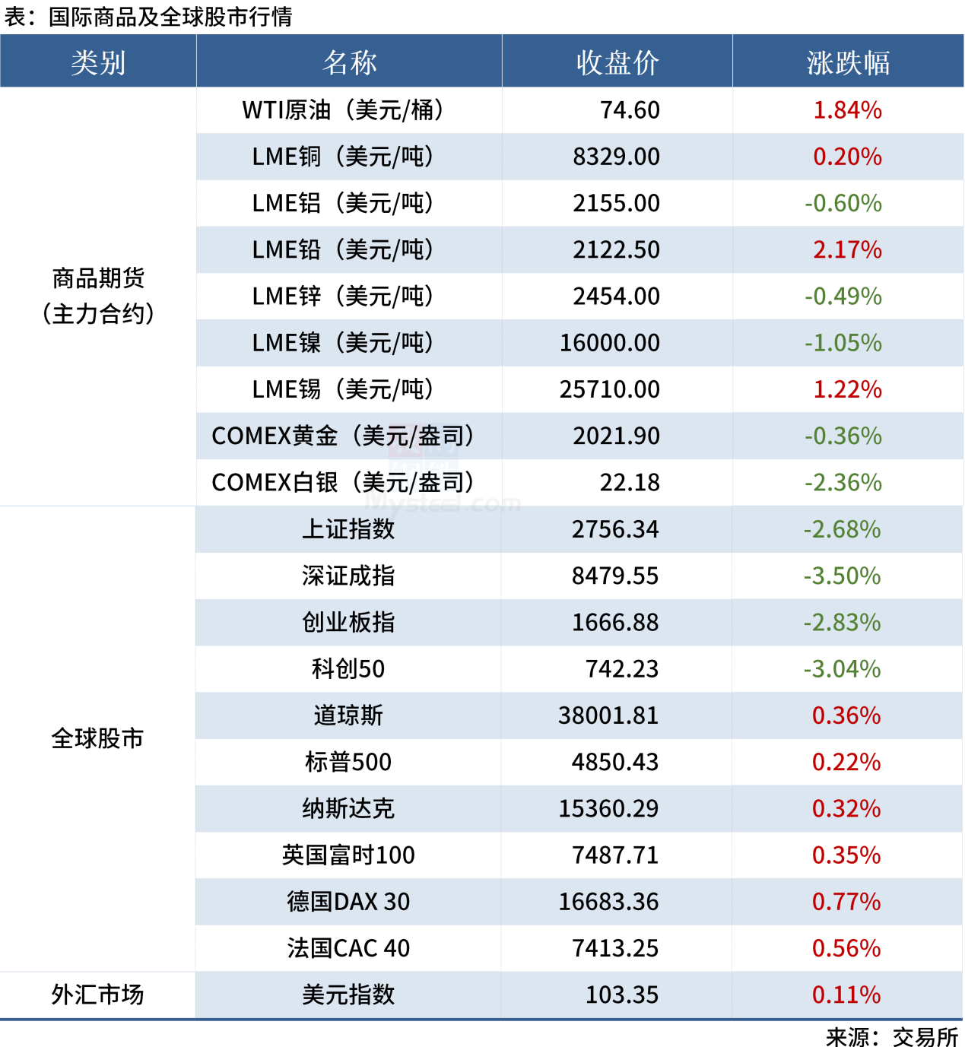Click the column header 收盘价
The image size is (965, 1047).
point(617,62)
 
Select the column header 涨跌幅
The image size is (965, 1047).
point(847,62)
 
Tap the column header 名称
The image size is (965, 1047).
point(349,62)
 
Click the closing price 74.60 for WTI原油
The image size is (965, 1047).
point(630,110)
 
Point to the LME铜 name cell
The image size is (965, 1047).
point(343,157)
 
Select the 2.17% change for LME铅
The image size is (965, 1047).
point(847,249)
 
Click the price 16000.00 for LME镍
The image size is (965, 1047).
point(610,343)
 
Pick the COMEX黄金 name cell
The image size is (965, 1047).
point(343,436)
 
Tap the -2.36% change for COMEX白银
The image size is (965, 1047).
point(843,482)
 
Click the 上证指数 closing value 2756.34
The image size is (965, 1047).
point(615,529)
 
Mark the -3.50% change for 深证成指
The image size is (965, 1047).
point(843,576)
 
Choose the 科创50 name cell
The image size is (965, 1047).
point(348,669)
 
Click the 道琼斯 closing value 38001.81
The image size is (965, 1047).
point(608,715)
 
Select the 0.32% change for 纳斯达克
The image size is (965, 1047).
point(846,808)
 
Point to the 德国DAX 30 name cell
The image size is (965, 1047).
point(348,902)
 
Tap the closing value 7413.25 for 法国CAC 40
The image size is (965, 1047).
point(615,948)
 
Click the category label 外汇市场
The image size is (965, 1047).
point(97,995)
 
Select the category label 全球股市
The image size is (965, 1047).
point(97,738)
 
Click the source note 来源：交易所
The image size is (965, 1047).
point(892,1037)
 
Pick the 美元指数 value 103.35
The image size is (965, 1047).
point(622,995)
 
